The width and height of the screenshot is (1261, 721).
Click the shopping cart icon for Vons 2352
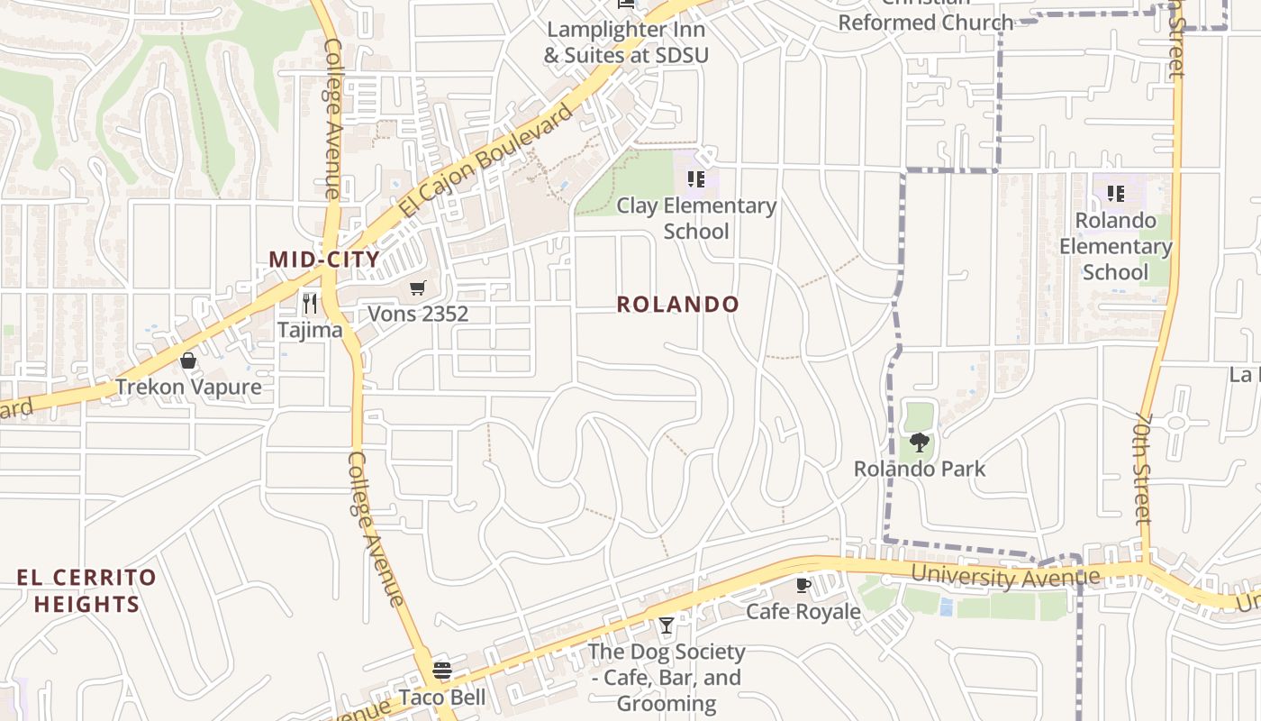[x=417, y=288]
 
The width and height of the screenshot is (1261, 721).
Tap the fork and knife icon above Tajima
[x=310, y=303]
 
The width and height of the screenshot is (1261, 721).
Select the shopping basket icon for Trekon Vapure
[x=188, y=361]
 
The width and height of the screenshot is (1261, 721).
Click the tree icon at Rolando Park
[x=919, y=443]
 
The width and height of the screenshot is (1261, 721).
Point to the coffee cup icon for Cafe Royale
[x=803, y=585]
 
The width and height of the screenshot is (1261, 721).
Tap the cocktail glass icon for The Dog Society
[x=666, y=625]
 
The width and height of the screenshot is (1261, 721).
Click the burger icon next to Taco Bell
[x=441, y=671]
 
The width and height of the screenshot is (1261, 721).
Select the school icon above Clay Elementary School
[x=695, y=179]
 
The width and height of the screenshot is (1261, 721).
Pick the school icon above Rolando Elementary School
[x=1115, y=194]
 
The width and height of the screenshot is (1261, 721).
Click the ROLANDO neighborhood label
[x=677, y=305]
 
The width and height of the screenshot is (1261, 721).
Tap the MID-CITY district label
[x=324, y=260]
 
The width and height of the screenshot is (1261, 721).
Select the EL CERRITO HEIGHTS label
[x=86, y=590]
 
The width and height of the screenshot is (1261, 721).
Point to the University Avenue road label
[x=1005, y=575]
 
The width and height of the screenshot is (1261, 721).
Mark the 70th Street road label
[x=1143, y=469]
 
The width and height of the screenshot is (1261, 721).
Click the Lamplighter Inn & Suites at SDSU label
[x=626, y=41]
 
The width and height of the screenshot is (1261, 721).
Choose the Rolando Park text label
[x=919, y=469]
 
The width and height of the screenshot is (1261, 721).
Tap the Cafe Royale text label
[x=803, y=612]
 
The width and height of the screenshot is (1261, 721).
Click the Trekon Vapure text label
[x=188, y=388]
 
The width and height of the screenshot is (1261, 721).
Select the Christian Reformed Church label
[x=925, y=20]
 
